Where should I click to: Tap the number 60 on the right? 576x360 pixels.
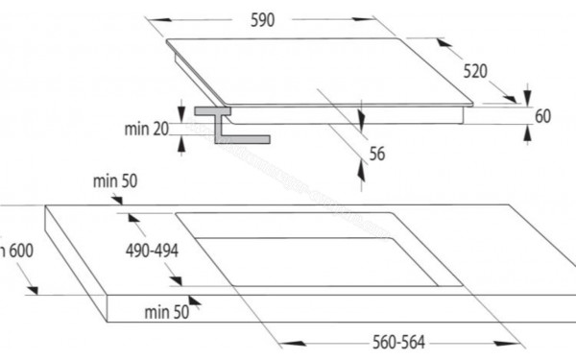(543, 116)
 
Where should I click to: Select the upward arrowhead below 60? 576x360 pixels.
(526, 135)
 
